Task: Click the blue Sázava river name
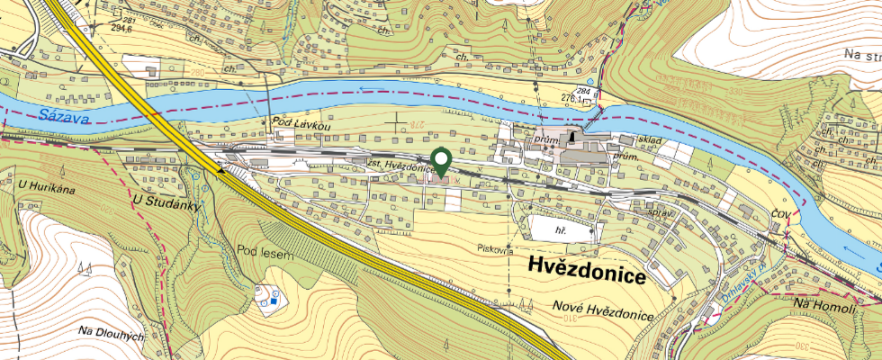coord(58,116)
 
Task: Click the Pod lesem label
coord(265,255)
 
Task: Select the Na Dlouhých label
coord(112,332)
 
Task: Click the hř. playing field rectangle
coord(560,230)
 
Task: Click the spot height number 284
coord(584,92)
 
